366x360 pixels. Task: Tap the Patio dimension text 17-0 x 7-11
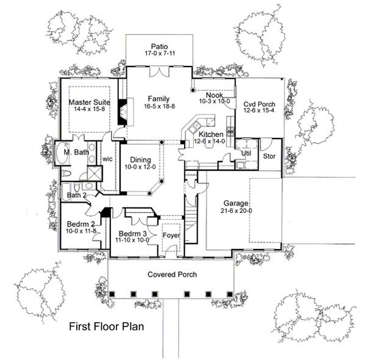[160, 54]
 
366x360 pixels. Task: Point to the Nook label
[213, 95]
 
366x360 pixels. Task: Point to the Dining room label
[140, 159]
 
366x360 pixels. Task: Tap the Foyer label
[171, 232]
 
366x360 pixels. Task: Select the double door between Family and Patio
[160, 72]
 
